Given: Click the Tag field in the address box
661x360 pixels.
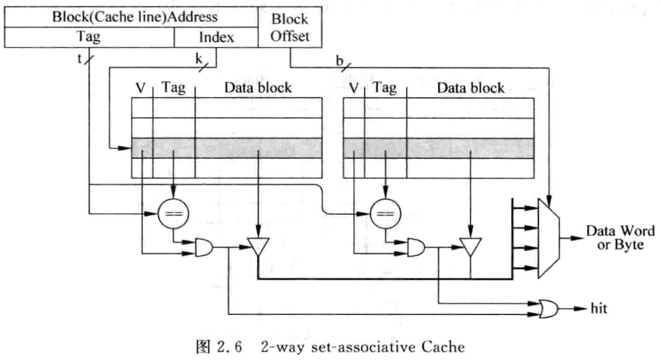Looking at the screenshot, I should [x=89, y=37].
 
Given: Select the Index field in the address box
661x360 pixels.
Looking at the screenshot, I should [x=216, y=37].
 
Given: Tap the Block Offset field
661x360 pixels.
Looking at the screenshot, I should [x=290, y=28].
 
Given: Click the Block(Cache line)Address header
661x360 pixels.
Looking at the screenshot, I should [x=135, y=17].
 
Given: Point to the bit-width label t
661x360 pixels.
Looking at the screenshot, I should [x=79, y=60].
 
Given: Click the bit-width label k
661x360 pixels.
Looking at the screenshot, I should [x=198, y=59].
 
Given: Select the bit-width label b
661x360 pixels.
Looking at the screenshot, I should [x=339, y=60].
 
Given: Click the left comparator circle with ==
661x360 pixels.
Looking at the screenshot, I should [x=173, y=212].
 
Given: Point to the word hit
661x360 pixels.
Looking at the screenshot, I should [x=599, y=309].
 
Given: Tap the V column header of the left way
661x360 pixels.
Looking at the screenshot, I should [x=140, y=88].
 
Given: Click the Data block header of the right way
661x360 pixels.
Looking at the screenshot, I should [x=470, y=88].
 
